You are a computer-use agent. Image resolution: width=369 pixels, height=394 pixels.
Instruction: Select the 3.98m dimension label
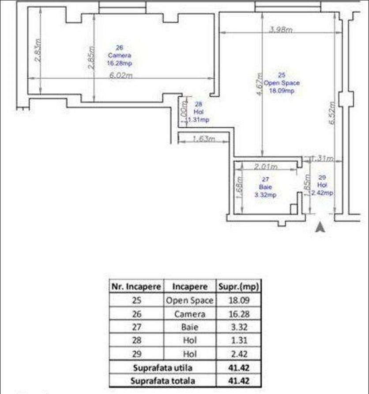click(x=281, y=30)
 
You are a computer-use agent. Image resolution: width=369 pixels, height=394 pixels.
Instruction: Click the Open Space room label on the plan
click(x=282, y=83)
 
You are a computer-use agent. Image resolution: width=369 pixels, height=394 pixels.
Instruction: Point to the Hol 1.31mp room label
click(x=198, y=112)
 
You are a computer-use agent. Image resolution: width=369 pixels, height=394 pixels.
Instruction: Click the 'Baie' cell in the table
click(x=189, y=328)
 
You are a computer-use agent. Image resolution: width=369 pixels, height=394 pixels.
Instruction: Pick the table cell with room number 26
click(x=136, y=314)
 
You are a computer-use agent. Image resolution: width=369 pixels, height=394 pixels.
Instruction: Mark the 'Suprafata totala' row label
click(x=163, y=380)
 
